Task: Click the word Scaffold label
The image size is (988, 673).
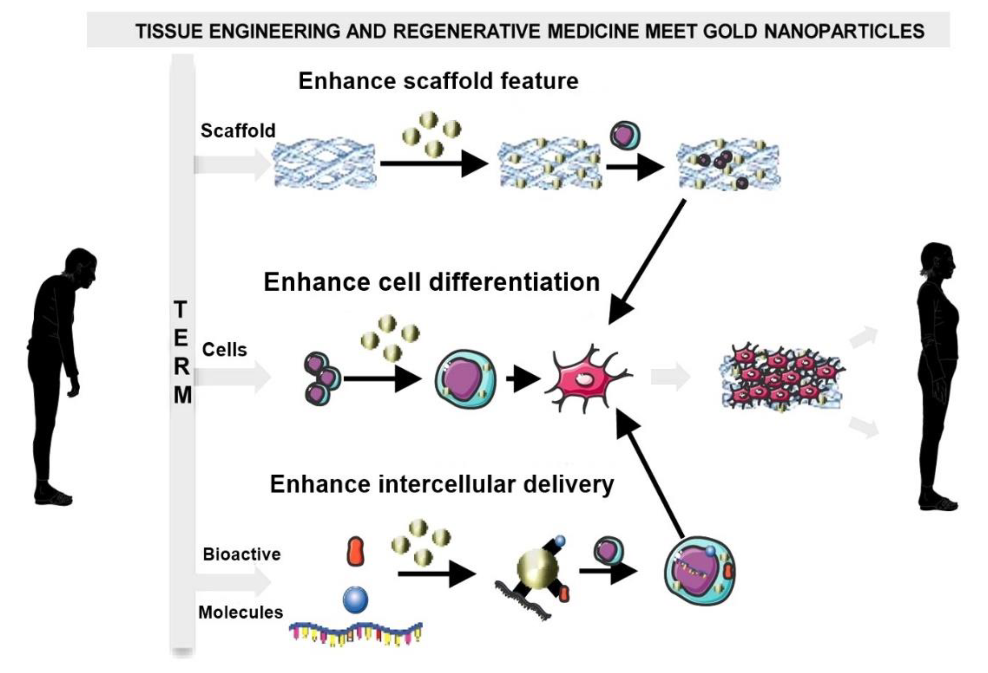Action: [x=238, y=131]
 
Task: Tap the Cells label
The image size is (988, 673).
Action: [x=225, y=350]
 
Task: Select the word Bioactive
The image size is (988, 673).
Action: [x=242, y=554]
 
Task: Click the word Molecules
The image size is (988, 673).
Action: [x=241, y=612]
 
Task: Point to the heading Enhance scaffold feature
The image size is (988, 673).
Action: [x=438, y=81]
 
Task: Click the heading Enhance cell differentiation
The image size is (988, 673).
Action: [x=431, y=282]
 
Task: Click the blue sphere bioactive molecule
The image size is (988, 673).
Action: [x=356, y=599]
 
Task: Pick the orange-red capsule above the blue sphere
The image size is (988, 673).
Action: [x=356, y=551]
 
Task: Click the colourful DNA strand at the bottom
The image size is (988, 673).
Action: [x=356, y=633]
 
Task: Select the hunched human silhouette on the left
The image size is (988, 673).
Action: [x=60, y=374]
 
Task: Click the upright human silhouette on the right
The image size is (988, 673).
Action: [x=937, y=374]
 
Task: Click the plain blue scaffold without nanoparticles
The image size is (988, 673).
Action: [x=324, y=164]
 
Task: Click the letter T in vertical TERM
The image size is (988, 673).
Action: [x=181, y=309]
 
